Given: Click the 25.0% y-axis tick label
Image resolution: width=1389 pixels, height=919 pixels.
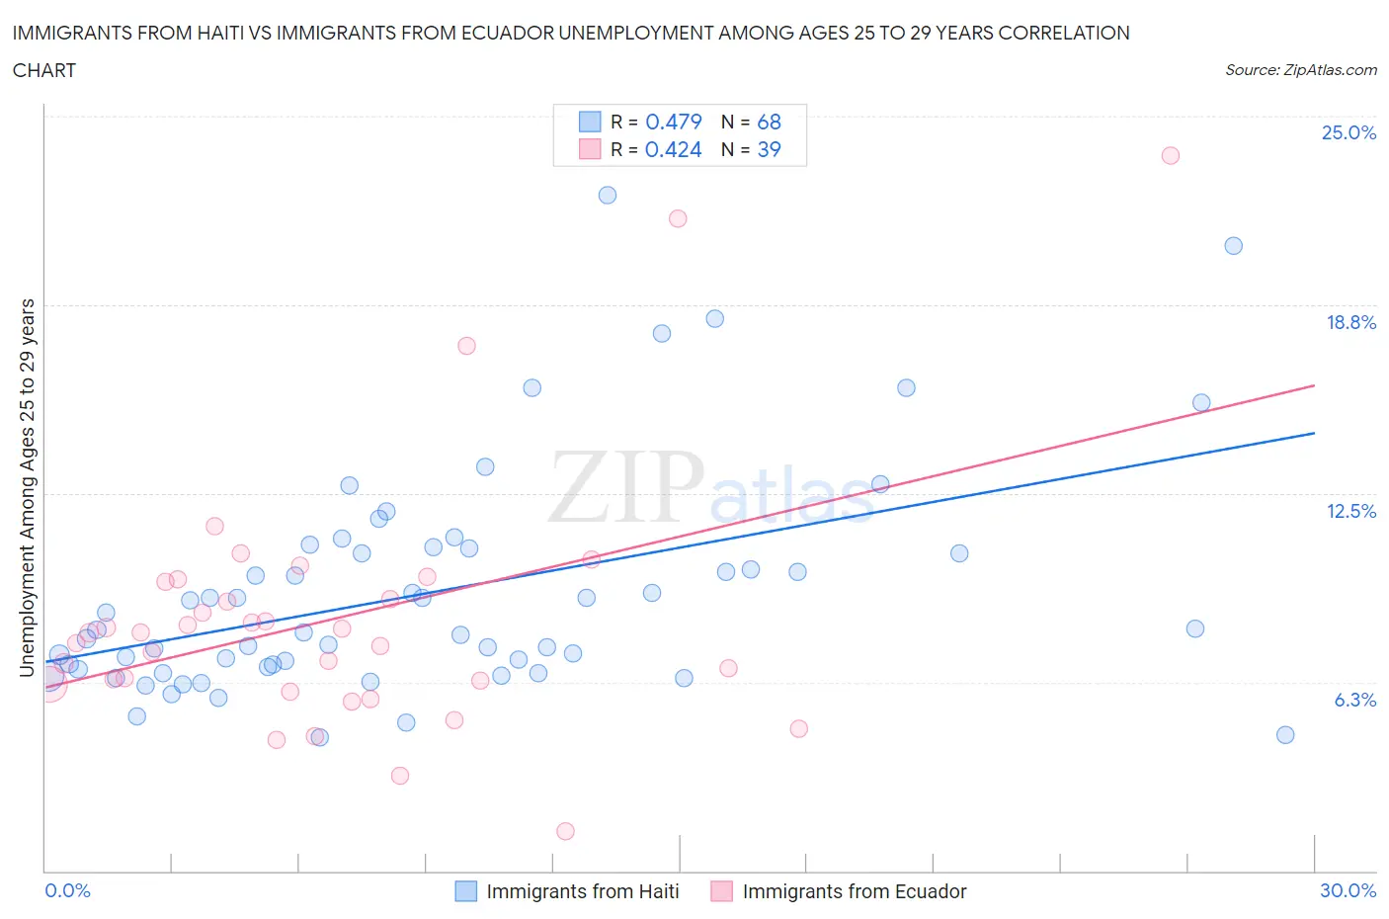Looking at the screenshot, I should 1348,132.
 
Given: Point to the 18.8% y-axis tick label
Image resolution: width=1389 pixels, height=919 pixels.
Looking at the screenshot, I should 1350,322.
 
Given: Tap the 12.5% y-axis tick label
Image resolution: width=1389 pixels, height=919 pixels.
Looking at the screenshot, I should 1350,511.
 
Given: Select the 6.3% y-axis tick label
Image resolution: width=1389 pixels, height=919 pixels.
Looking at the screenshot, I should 1354,700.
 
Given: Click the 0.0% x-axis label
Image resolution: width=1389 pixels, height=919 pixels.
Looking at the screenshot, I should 67,890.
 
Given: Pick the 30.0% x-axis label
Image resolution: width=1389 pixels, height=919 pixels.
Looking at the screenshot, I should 1348,890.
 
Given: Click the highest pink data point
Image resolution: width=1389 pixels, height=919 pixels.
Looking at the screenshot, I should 1171,155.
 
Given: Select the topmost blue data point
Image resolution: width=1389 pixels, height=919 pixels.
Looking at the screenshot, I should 608,196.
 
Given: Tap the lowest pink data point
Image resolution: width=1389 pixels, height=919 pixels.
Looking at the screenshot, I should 565,831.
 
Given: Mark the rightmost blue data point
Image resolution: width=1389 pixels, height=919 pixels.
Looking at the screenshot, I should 1285,734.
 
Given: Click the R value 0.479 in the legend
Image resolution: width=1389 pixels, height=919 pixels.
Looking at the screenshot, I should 674,122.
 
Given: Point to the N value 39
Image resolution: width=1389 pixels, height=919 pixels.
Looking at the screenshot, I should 769,149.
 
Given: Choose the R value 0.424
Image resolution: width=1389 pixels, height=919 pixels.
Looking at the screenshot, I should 674,149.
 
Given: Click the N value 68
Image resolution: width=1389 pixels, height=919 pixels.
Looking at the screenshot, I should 769,122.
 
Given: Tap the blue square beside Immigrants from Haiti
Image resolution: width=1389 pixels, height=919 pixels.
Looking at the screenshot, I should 465,891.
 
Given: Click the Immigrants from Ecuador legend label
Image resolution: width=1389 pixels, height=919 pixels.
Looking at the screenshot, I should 854,891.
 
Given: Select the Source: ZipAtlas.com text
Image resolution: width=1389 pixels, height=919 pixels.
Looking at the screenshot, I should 1300,69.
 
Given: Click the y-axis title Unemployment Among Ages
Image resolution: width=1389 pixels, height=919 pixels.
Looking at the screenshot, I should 27,488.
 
